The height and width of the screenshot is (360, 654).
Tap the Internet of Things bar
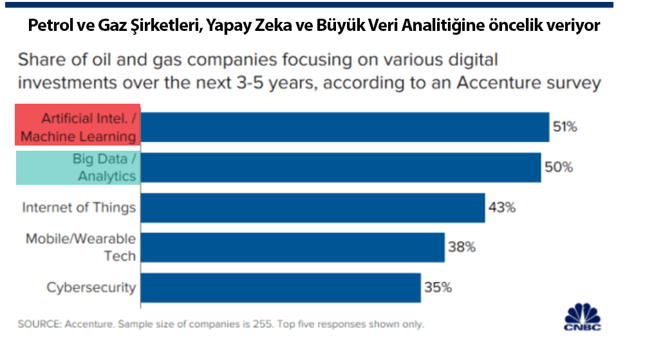coord(313,207)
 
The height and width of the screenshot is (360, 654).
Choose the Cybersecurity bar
coord(281,287)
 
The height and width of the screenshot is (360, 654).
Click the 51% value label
coord(565,127)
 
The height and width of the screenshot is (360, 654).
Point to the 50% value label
coord(559,167)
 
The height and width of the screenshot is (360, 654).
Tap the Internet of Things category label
coord(79,207)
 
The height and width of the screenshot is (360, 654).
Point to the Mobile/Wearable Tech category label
coord(81,247)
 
